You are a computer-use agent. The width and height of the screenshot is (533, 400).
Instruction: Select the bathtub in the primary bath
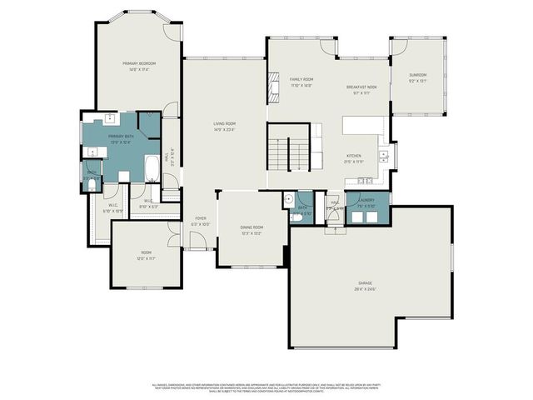(x=152, y=169)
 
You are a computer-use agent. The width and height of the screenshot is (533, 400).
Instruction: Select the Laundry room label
(x=366, y=201)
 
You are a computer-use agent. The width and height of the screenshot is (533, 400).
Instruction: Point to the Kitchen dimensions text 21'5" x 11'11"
(x=355, y=162)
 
